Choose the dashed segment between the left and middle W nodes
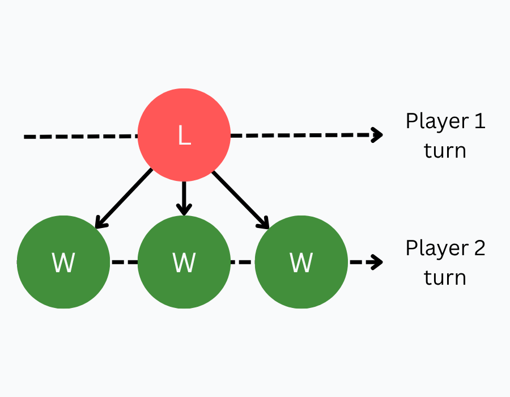[x=124, y=262]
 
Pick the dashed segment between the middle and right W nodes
[x=243, y=262]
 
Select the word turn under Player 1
[x=445, y=151]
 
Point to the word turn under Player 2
[x=445, y=278]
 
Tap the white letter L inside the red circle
[x=184, y=136]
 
